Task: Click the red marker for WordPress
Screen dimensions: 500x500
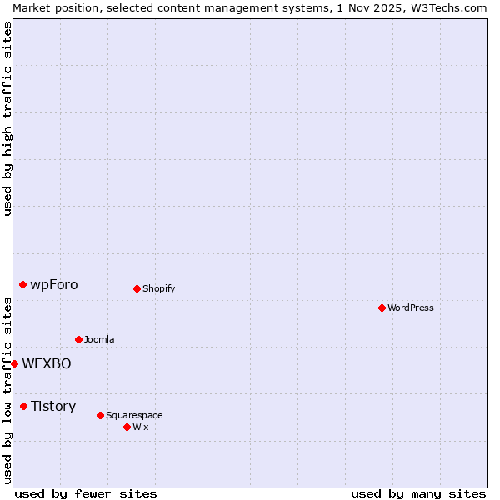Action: (x=382, y=307)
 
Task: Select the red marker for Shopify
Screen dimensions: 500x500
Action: (x=137, y=288)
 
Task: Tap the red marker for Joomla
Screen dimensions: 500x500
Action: (x=78, y=339)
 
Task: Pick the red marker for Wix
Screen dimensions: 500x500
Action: (x=127, y=427)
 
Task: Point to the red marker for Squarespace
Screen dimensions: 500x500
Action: (x=100, y=415)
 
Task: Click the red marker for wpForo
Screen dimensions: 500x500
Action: (x=22, y=284)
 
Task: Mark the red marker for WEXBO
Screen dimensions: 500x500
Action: (x=14, y=363)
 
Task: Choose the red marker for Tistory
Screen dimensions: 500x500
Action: (x=23, y=406)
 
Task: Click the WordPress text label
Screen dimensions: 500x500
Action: (x=411, y=307)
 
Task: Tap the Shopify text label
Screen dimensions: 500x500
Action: (x=159, y=288)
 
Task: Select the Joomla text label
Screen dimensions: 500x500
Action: (x=99, y=339)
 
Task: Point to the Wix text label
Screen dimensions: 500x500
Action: (x=141, y=427)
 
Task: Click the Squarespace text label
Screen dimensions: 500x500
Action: (x=134, y=415)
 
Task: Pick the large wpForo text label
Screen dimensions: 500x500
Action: (x=54, y=284)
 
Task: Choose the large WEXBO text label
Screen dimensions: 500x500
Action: (x=47, y=363)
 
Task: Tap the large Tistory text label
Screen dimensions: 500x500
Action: (x=53, y=406)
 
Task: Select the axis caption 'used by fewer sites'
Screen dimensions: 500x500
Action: (x=86, y=493)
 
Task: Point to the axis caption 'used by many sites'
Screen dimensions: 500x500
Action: (x=418, y=493)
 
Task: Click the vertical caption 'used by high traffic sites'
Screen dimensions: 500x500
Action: (x=7, y=118)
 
